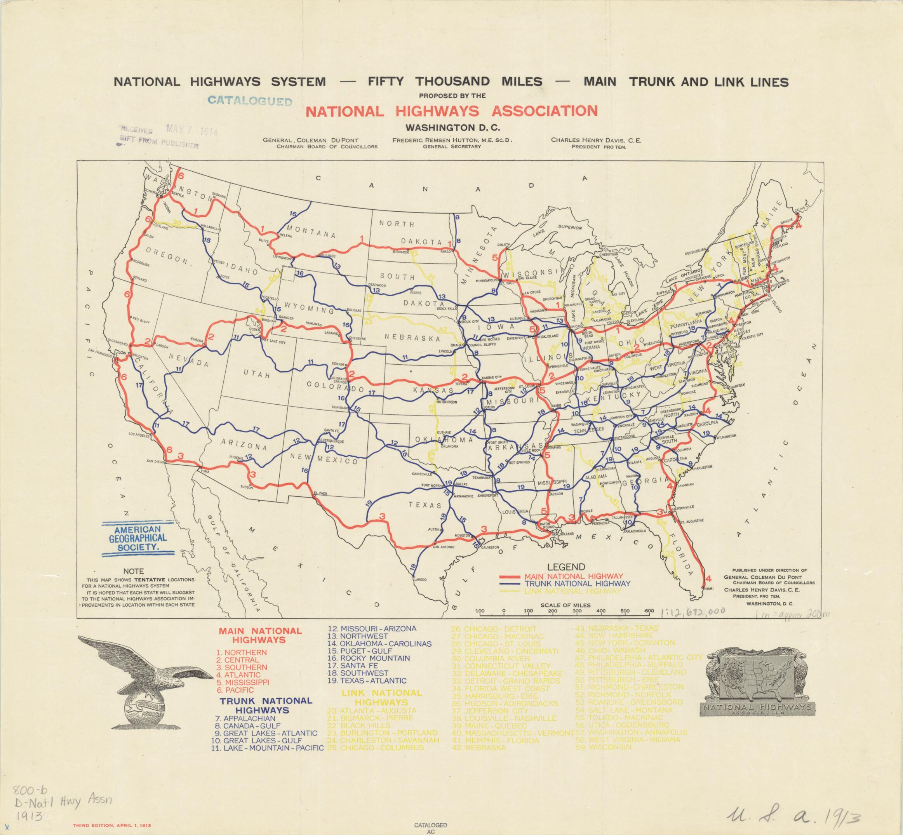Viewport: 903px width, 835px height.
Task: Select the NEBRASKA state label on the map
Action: (x=412, y=337)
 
